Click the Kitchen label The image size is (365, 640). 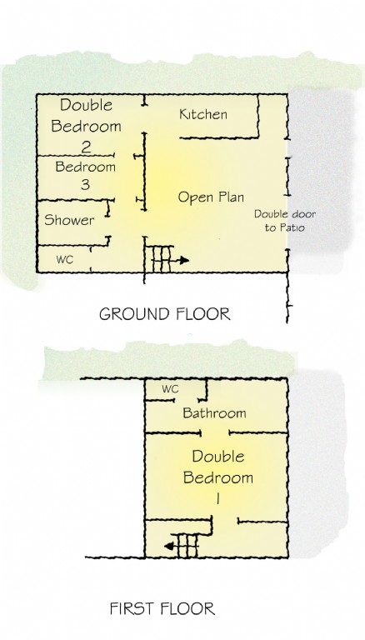point(202,114)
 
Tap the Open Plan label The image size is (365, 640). point(211,197)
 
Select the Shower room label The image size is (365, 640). point(69,220)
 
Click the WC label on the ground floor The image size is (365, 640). point(64,260)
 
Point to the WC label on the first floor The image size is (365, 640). point(170,389)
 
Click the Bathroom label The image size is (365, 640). point(214,413)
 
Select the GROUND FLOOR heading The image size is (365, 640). point(165,314)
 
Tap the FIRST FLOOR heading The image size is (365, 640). point(162,608)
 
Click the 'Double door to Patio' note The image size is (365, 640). point(284,220)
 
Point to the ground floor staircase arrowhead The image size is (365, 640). point(184,260)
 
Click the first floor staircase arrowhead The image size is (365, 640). point(168,546)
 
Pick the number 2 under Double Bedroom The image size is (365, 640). point(86,147)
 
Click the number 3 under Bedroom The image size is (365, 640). point(85,184)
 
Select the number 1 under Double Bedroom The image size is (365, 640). point(217,498)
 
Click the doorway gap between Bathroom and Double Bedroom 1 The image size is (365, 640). point(215,432)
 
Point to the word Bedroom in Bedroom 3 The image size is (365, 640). point(85,167)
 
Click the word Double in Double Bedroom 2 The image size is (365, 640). point(86,105)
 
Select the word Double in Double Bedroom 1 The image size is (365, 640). point(218,457)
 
